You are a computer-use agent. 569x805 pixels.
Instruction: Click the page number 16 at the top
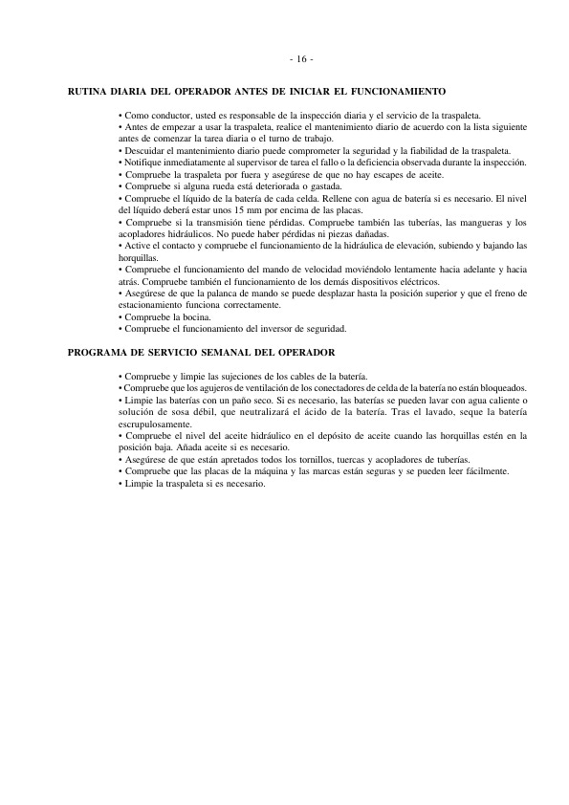(301, 59)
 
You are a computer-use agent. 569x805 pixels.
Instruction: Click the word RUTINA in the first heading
(89, 92)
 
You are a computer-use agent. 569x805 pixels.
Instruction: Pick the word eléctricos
(413, 282)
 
